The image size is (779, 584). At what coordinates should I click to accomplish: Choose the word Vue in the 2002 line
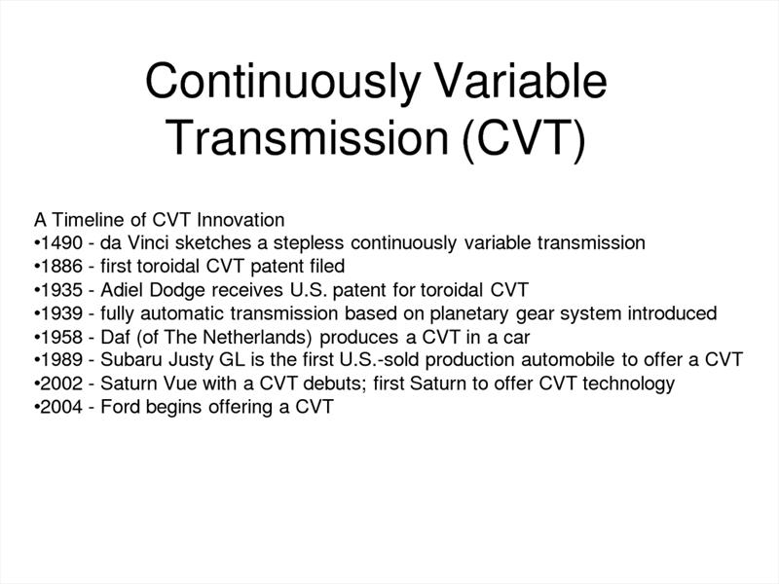pos(175,383)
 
